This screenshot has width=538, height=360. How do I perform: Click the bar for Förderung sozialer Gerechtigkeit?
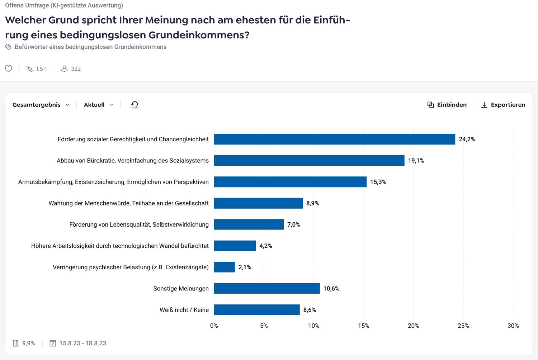click(334, 139)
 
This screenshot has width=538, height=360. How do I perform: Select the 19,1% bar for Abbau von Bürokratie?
click(309, 161)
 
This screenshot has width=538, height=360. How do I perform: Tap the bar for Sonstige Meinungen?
click(267, 288)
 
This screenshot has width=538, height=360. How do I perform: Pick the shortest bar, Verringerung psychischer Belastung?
click(225, 267)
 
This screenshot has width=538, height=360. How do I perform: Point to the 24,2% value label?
click(467, 139)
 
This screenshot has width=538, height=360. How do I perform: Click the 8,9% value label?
click(312, 203)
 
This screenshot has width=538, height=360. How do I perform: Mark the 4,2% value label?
click(266, 246)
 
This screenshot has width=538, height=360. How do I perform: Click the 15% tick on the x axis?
click(363, 326)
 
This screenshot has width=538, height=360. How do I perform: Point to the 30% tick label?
click(513, 326)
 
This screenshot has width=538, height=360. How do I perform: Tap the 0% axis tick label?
click(214, 326)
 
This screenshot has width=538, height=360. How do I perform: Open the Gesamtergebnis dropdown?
click(41, 105)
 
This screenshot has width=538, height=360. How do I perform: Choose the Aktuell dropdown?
click(99, 105)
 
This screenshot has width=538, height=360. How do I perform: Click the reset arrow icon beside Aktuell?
click(134, 105)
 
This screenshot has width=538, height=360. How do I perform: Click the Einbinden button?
click(447, 105)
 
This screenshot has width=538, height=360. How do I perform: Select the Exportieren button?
click(503, 105)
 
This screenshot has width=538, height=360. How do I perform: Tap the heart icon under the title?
click(9, 68)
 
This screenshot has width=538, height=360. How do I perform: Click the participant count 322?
click(76, 69)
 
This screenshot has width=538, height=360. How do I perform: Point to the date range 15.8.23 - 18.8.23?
click(82, 343)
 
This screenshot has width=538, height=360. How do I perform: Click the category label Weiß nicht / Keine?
click(184, 310)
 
